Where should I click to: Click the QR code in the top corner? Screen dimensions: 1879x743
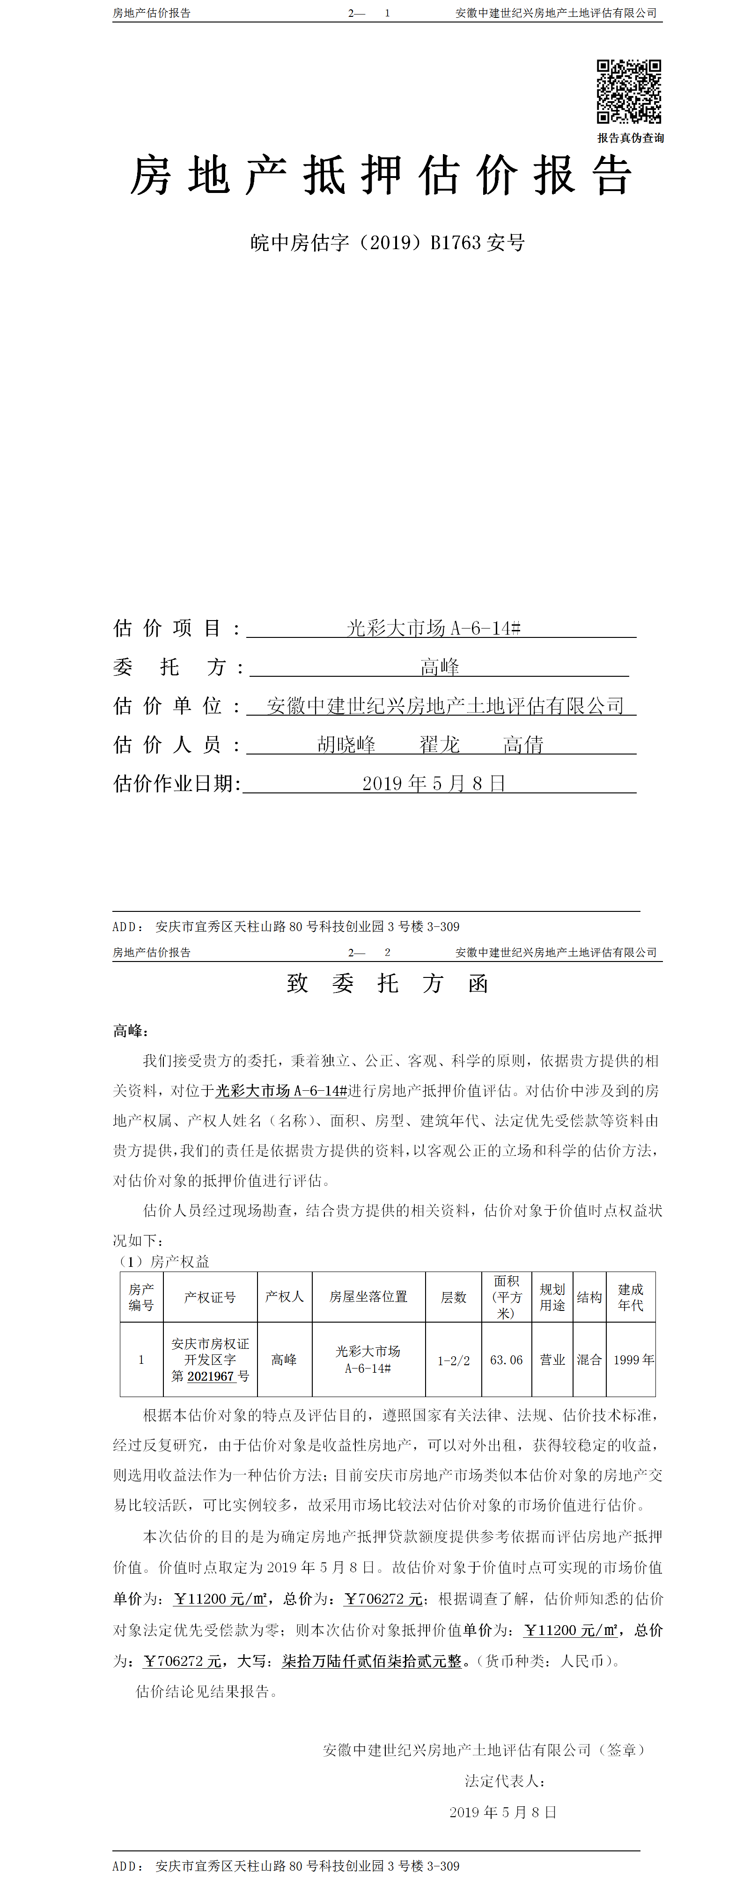(628, 91)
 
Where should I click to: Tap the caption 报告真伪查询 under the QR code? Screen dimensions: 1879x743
(630, 138)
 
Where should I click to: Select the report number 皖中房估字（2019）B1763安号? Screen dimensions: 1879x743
(387, 243)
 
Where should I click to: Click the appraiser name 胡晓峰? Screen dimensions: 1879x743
(346, 745)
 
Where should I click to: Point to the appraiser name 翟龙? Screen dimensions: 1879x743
(440, 745)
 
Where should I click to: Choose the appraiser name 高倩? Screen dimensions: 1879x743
(523, 745)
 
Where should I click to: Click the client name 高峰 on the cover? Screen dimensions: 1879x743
(440, 667)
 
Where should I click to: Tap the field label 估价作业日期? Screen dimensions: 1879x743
(177, 784)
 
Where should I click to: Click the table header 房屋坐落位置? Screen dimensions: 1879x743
(368, 1296)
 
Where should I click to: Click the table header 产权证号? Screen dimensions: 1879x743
(210, 1297)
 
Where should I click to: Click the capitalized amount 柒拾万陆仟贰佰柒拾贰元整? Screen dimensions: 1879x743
(372, 1661)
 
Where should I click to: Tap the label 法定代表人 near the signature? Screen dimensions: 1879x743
(505, 1781)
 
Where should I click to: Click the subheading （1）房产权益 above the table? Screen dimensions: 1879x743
(163, 1262)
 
